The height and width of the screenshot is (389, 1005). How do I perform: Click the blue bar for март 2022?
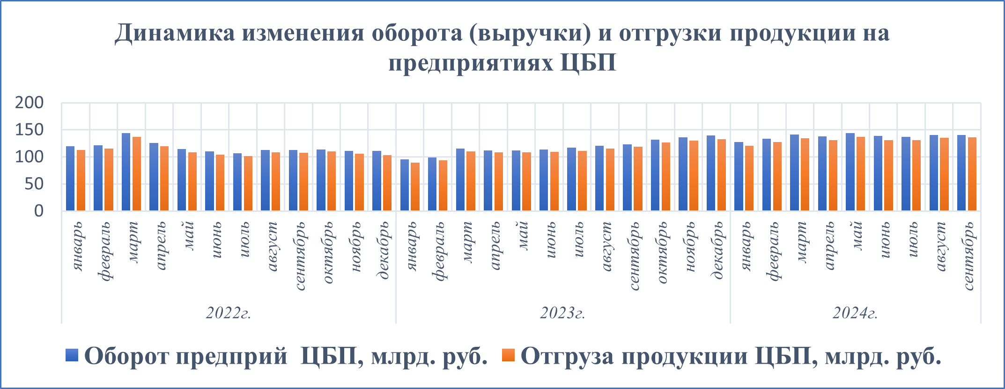pyautogui.click(x=126, y=172)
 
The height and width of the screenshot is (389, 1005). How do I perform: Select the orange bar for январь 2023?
pyautogui.click(x=415, y=187)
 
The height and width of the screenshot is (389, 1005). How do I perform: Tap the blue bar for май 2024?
pyautogui.click(x=850, y=172)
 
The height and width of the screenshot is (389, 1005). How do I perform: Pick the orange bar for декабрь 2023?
pyautogui.click(x=721, y=175)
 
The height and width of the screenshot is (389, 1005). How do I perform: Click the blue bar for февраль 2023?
pyautogui.click(x=432, y=184)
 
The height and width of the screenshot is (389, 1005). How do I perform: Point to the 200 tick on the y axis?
pyautogui.click(x=29, y=103)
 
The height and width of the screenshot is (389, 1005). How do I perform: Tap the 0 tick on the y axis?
pyautogui.click(x=39, y=211)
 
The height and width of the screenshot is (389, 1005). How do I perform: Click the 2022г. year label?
pyautogui.click(x=229, y=313)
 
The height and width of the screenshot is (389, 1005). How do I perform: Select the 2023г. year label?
pyautogui.click(x=563, y=313)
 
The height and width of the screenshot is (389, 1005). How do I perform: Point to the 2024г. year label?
pyautogui.click(x=855, y=313)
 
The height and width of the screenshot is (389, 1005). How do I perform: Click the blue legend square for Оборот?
pyautogui.click(x=72, y=355)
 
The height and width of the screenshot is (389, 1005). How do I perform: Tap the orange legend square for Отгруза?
pyautogui.click(x=508, y=355)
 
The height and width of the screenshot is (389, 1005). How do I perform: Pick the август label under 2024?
pyautogui.click(x=941, y=247)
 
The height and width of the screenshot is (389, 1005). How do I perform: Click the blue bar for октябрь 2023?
pyautogui.click(x=655, y=175)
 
